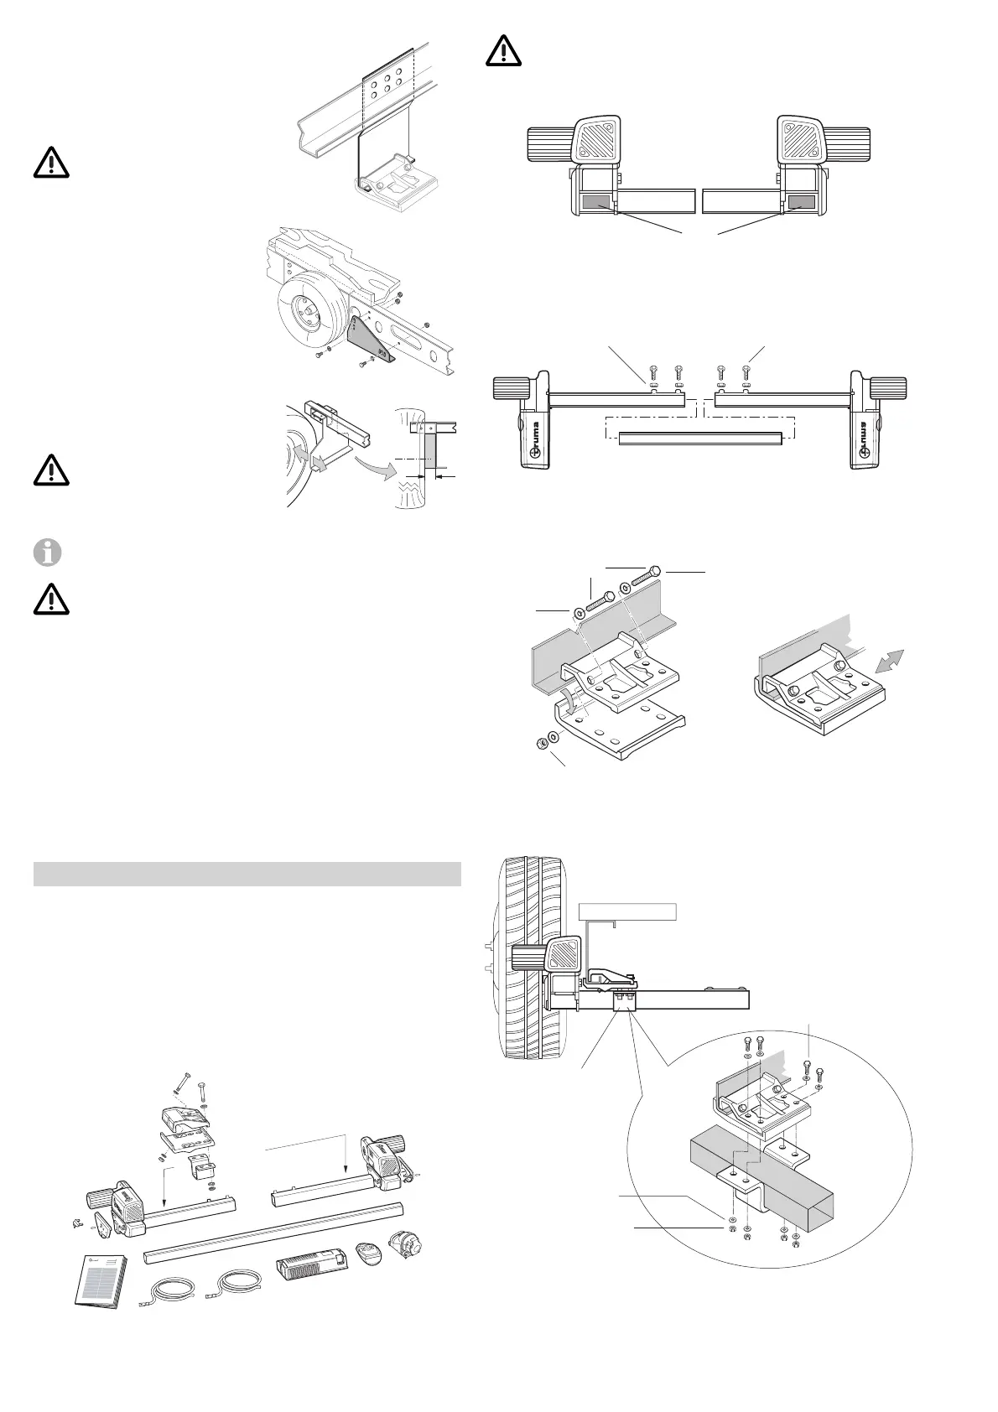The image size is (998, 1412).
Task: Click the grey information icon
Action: (51, 553)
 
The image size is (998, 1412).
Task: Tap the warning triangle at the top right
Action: (503, 52)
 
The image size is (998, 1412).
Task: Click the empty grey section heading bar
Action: (247, 873)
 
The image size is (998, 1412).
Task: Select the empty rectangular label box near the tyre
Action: (628, 911)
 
